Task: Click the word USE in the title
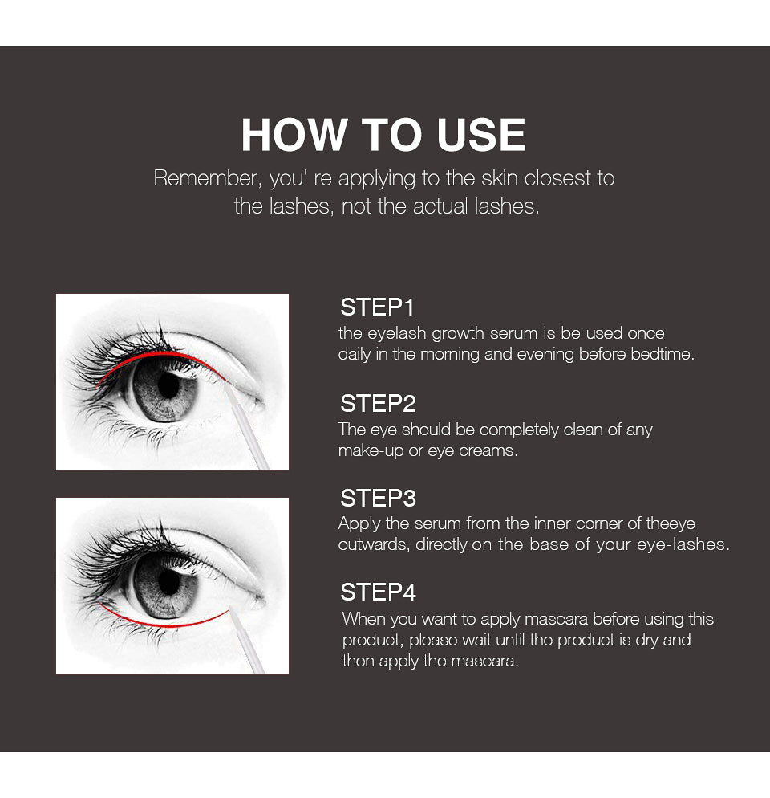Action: click(481, 135)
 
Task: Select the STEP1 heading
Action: click(377, 307)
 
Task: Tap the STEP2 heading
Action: click(378, 403)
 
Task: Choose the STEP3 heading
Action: click(378, 498)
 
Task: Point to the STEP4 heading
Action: click(378, 592)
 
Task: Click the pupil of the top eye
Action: click(168, 385)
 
